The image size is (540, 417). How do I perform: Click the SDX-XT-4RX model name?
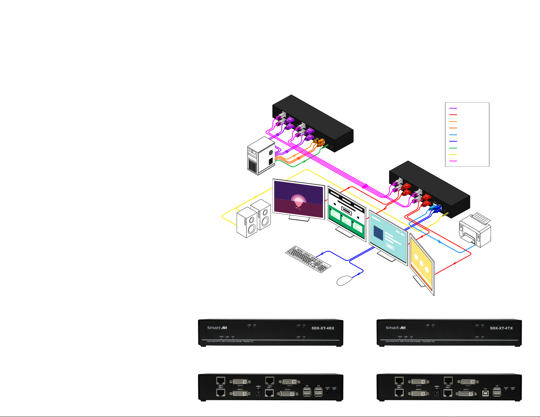(x=323, y=328)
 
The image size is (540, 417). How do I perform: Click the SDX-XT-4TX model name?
(x=501, y=328)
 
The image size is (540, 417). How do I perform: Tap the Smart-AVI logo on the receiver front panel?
(x=217, y=328)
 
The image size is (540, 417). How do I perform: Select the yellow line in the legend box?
(x=453, y=155)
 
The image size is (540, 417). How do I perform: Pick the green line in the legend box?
(x=453, y=148)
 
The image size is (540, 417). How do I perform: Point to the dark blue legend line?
(x=453, y=141)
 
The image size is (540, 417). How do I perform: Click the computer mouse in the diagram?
(x=344, y=280)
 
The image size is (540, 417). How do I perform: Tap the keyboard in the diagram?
(x=308, y=259)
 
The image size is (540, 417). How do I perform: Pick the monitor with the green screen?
(x=346, y=212)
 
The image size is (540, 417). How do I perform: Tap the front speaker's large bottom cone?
(x=251, y=229)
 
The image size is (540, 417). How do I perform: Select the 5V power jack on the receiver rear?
(x=258, y=393)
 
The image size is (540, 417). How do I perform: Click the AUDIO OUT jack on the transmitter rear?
(x=512, y=392)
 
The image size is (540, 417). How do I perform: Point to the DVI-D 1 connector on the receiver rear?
(x=288, y=394)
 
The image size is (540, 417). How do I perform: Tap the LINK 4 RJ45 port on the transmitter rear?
(x=399, y=381)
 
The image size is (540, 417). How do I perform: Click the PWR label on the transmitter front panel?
(x=400, y=337)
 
